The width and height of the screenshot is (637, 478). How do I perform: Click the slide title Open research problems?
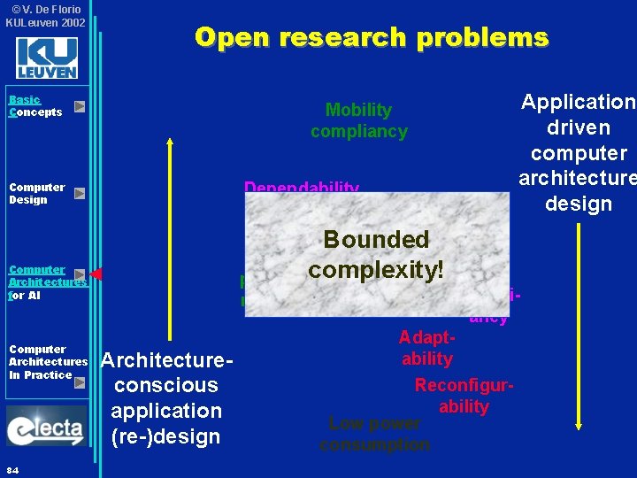372,37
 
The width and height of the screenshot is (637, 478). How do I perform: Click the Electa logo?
46,427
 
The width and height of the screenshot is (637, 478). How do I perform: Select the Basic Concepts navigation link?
35,106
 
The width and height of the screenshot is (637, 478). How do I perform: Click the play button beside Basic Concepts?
80,106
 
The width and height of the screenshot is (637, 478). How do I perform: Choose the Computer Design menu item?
36,193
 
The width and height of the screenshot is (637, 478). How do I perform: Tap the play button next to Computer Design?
80,193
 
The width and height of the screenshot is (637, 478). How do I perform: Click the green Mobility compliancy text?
358,120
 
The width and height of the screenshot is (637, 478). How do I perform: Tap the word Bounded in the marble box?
376,240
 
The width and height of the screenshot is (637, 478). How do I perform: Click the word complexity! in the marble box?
376,269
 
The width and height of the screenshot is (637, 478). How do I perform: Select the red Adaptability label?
427,349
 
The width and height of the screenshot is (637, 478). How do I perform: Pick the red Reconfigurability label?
464,396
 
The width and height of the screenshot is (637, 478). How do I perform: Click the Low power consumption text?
374,434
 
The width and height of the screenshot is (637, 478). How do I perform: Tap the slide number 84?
12,468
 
